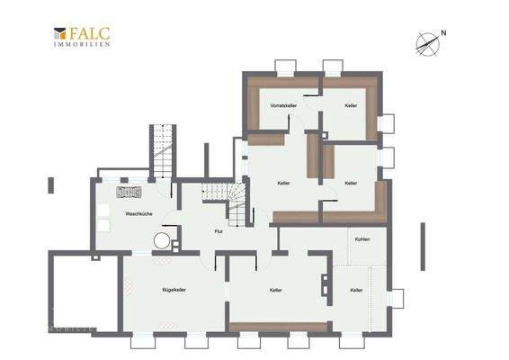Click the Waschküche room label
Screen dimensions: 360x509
(x=138, y=214)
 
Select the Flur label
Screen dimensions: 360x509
(x=218, y=231)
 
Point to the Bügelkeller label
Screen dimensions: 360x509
(x=174, y=290)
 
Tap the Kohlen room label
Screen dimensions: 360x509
(x=362, y=239)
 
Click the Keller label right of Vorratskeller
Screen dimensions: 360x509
(x=351, y=106)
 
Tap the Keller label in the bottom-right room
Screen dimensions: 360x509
(x=356, y=290)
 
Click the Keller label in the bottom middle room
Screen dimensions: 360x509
(x=276, y=290)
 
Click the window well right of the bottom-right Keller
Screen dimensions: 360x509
(x=396, y=297)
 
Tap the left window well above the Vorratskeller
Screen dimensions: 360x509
(x=285, y=66)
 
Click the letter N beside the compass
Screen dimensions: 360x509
(x=442, y=35)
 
